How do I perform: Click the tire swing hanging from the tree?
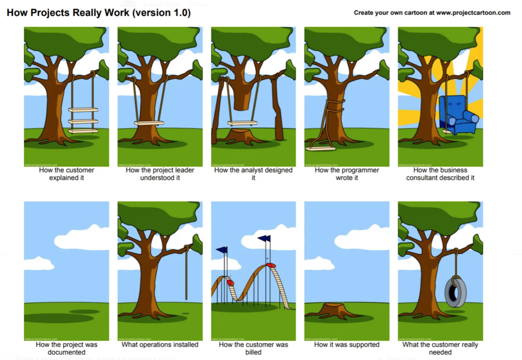[455, 292]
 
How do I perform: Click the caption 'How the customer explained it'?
[67, 174]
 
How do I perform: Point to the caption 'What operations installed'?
[160, 345]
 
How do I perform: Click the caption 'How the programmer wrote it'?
[347, 174]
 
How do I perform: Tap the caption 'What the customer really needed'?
[440, 348]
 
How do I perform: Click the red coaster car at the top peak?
[271, 265]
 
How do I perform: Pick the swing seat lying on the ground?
[321, 149]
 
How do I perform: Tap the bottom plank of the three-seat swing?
[83, 131]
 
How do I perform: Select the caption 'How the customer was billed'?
[253, 348]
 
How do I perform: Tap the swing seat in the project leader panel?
[149, 123]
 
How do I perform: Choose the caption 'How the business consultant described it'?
[440, 174]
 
